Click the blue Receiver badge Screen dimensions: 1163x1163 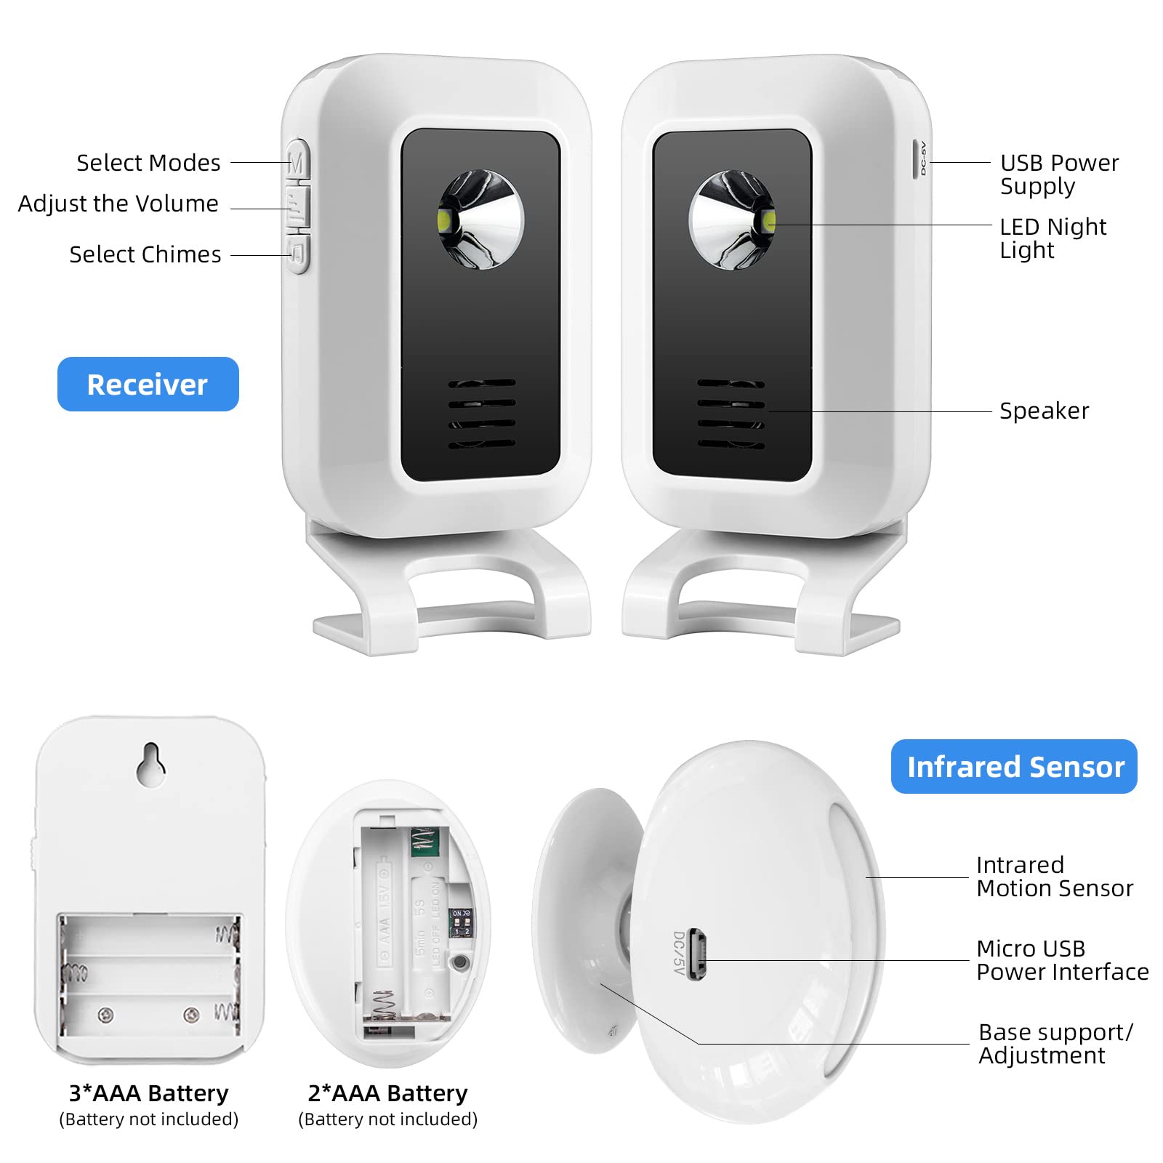148,384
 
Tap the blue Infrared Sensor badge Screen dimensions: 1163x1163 1014,766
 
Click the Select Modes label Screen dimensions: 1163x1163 148,163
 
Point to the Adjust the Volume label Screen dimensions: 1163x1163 118,204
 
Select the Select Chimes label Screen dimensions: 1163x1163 145,254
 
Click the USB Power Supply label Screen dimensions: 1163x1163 1058,174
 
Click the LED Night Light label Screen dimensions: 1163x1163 1052,238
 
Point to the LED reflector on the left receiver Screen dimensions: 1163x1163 480,220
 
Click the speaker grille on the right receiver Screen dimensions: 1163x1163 731,414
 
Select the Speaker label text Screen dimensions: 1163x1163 1044,411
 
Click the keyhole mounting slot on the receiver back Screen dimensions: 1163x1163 151,764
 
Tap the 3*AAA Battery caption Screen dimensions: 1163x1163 148,1093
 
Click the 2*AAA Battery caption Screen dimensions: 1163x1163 387,1093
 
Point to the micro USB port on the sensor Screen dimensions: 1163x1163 696,954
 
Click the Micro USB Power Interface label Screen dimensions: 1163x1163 1061,959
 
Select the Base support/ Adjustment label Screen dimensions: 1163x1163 1055,1043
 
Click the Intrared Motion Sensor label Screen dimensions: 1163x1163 1054,876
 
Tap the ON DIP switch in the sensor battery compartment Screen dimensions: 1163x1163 461,922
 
